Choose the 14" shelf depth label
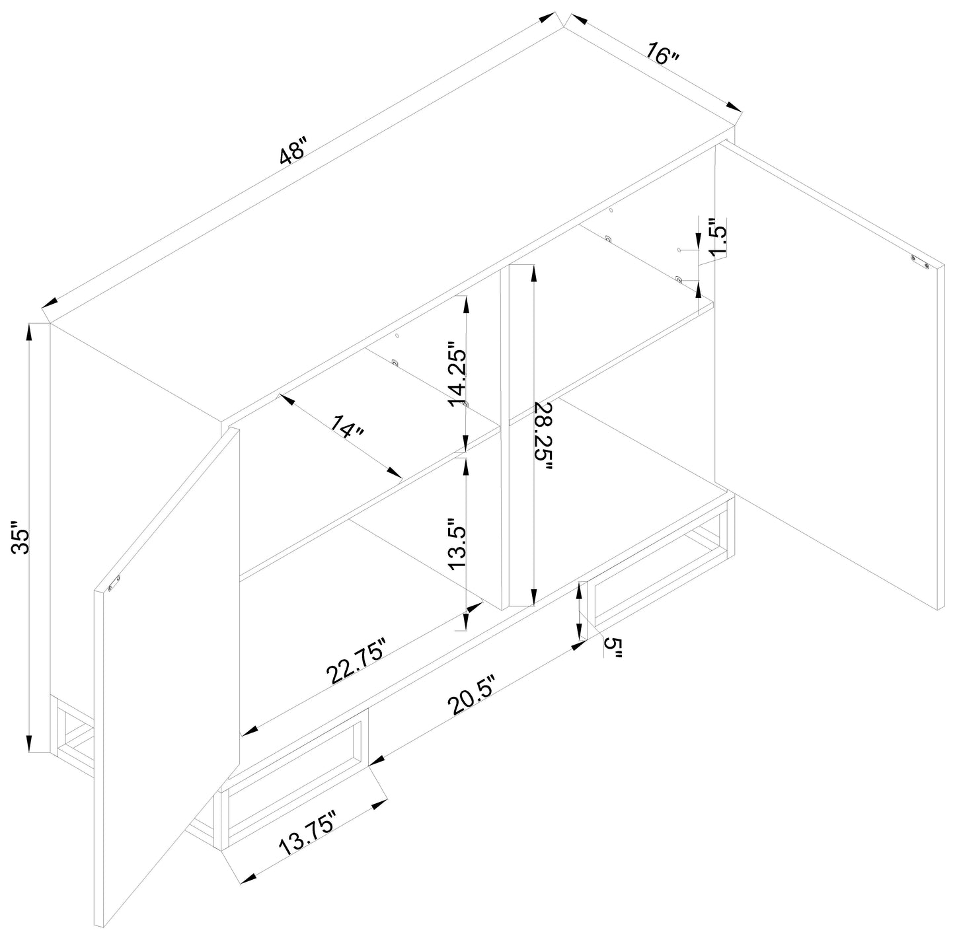click(x=348, y=427)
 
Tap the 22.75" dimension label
click(x=356, y=661)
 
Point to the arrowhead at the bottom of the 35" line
click(x=28, y=742)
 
